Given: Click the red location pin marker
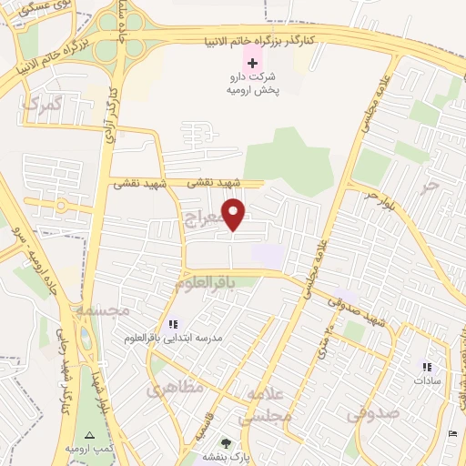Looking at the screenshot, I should tap(235, 214).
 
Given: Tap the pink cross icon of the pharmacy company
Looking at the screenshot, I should tap(252, 63).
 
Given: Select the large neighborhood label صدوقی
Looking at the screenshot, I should tap(373, 414).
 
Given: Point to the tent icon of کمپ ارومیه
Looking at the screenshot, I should tap(89, 435).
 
